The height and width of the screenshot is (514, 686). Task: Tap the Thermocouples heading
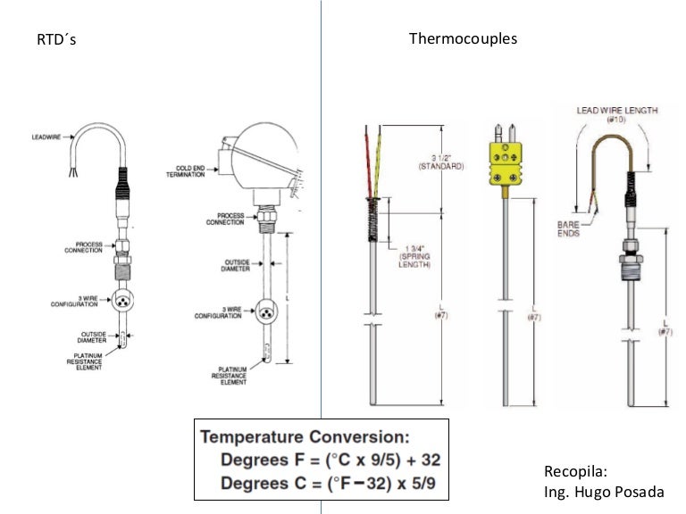463,38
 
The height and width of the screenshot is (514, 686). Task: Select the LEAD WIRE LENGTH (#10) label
616,114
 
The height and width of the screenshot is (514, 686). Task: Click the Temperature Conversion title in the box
305,437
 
